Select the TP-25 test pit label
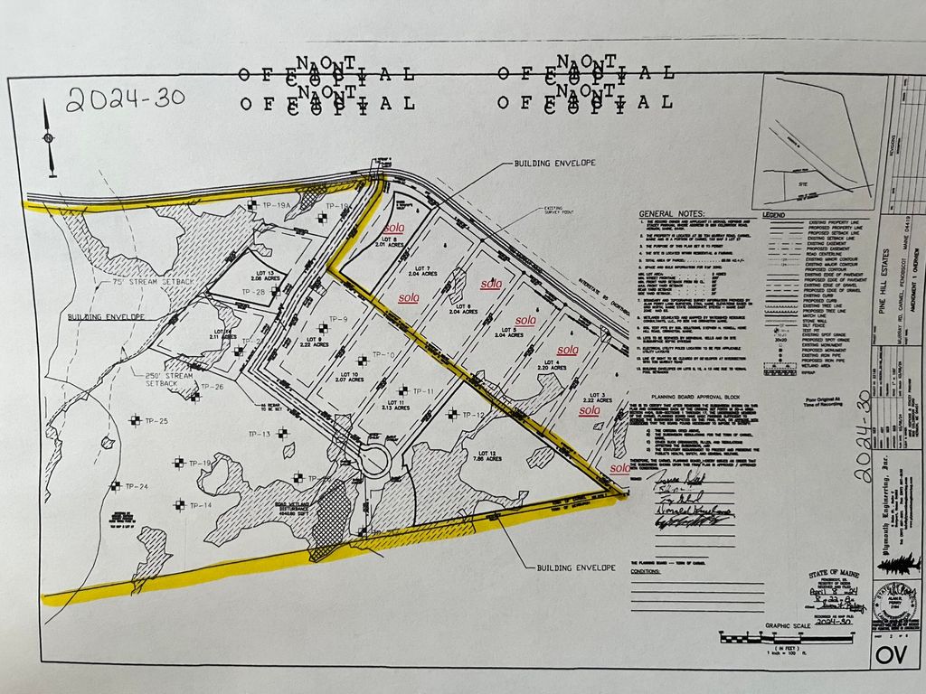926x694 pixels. [156, 421]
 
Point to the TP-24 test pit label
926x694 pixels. [137, 486]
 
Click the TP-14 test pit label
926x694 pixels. [200, 504]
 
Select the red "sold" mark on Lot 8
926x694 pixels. [393, 229]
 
